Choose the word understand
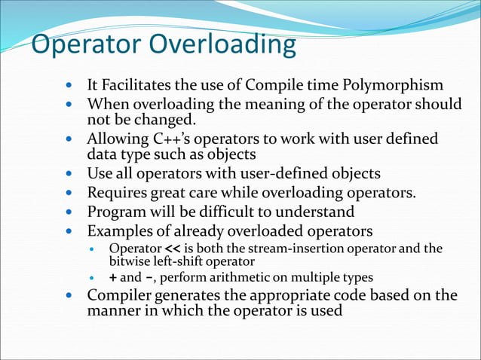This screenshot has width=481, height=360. click(317, 211)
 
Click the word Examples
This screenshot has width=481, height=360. click(121, 230)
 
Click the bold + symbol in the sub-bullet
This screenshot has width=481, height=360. click(113, 276)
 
